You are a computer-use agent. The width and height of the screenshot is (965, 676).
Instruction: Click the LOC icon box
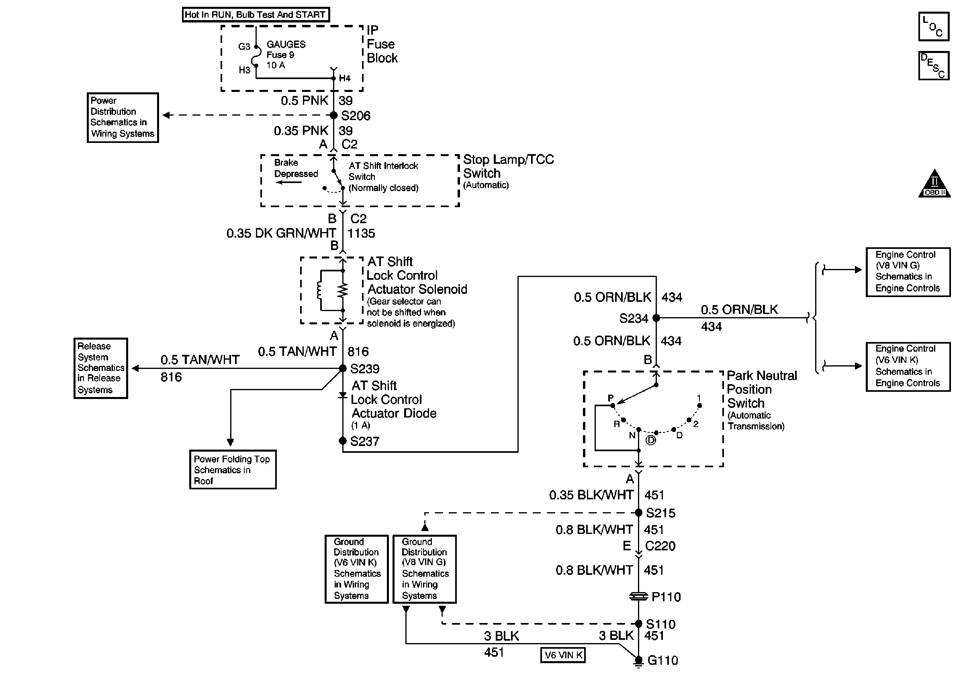pyautogui.click(x=934, y=27)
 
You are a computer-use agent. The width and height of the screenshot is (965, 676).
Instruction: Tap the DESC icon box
pyautogui.click(x=934, y=65)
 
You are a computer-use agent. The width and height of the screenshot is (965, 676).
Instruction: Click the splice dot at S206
pyautogui.click(x=334, y=115)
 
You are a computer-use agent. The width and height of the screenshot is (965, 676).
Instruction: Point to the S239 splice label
pyautogui.click(x=364, y=369)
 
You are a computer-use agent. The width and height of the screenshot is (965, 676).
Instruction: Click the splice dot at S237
pyautogui.click(x=343, y=441)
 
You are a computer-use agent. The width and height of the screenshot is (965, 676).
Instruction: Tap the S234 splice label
pyautogui.click(x=634, y=318)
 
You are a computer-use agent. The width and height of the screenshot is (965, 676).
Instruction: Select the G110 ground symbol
pyautogui.click(x=638, y=661)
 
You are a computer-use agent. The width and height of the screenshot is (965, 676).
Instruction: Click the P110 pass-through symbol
pyautogui.click(x=638, y=596)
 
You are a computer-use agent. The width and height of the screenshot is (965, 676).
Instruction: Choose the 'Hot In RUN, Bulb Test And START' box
pyautogui.click(x=256, y=15)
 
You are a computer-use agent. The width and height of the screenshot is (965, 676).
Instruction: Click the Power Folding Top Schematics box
pyautogui.click(x=233, y=470)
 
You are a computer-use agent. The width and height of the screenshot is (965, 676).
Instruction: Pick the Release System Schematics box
pyautogui.click(x=101, y=368)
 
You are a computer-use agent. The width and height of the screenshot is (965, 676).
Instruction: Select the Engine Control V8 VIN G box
pyautogui.click(x=908, y=272)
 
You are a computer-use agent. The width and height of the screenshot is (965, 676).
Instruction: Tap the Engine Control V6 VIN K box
pyautogui.click(x=908, y=367)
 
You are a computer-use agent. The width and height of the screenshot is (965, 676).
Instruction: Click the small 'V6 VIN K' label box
pyautogui.click(x=563, y=655)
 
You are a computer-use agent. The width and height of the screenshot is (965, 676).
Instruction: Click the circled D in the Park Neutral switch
pyautogui.click(x=650, y=440)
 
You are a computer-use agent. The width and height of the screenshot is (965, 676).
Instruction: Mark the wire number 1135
pyautogui.click(x=361, y=234)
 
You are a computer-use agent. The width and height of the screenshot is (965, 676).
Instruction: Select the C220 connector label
pyautogui.click(x=660, y=546)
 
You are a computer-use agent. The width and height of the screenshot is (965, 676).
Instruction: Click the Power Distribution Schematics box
pyautogui.click(x=123, y=118)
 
